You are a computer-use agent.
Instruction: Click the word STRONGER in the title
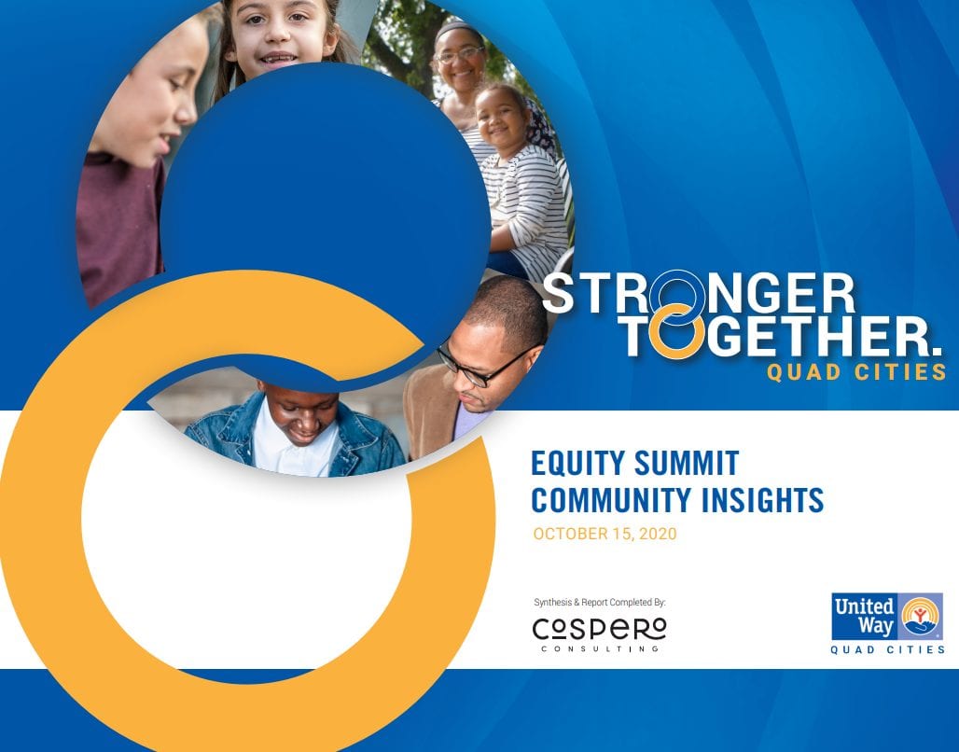point(699,294)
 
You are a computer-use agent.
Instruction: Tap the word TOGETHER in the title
point(782,338)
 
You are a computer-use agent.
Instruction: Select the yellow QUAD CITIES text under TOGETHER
point(856,372)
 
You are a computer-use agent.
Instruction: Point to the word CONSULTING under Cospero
point(599,648)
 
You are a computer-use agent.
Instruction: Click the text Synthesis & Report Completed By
point(599,603)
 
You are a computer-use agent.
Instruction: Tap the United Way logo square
point(886,616)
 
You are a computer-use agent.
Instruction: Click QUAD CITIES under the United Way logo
point(887,649)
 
